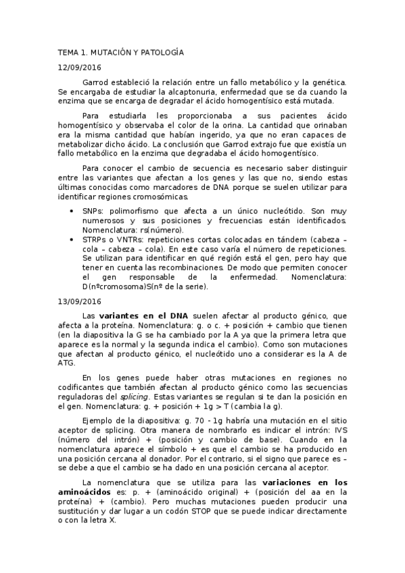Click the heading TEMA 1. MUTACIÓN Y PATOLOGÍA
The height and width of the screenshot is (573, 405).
click(x=120, y=52)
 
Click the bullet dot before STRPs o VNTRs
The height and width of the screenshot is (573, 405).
click(x=73, y=239)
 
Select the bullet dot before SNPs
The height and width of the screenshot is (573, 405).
click(x=73, y=211)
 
